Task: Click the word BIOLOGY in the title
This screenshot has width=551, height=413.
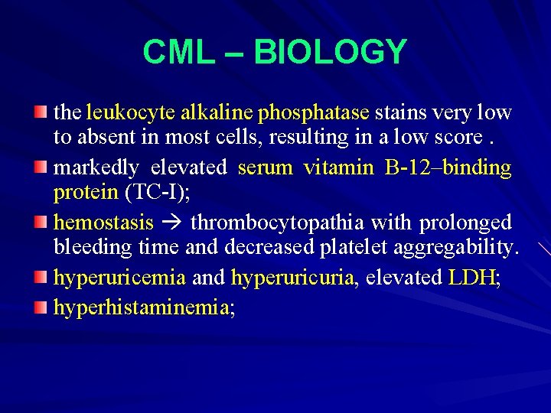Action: point(330,52)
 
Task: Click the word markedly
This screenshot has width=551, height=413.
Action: point(96,167)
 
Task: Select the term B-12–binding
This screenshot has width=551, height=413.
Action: point(448,167)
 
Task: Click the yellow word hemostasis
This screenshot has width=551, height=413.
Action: point(103,223)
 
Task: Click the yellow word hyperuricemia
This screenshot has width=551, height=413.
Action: point(119,277)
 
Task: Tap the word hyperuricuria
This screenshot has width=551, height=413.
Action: point(293,277)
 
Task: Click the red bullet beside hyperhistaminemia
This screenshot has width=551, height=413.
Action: point(41,307)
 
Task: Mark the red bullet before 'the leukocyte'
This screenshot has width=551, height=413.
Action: point(41,113)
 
